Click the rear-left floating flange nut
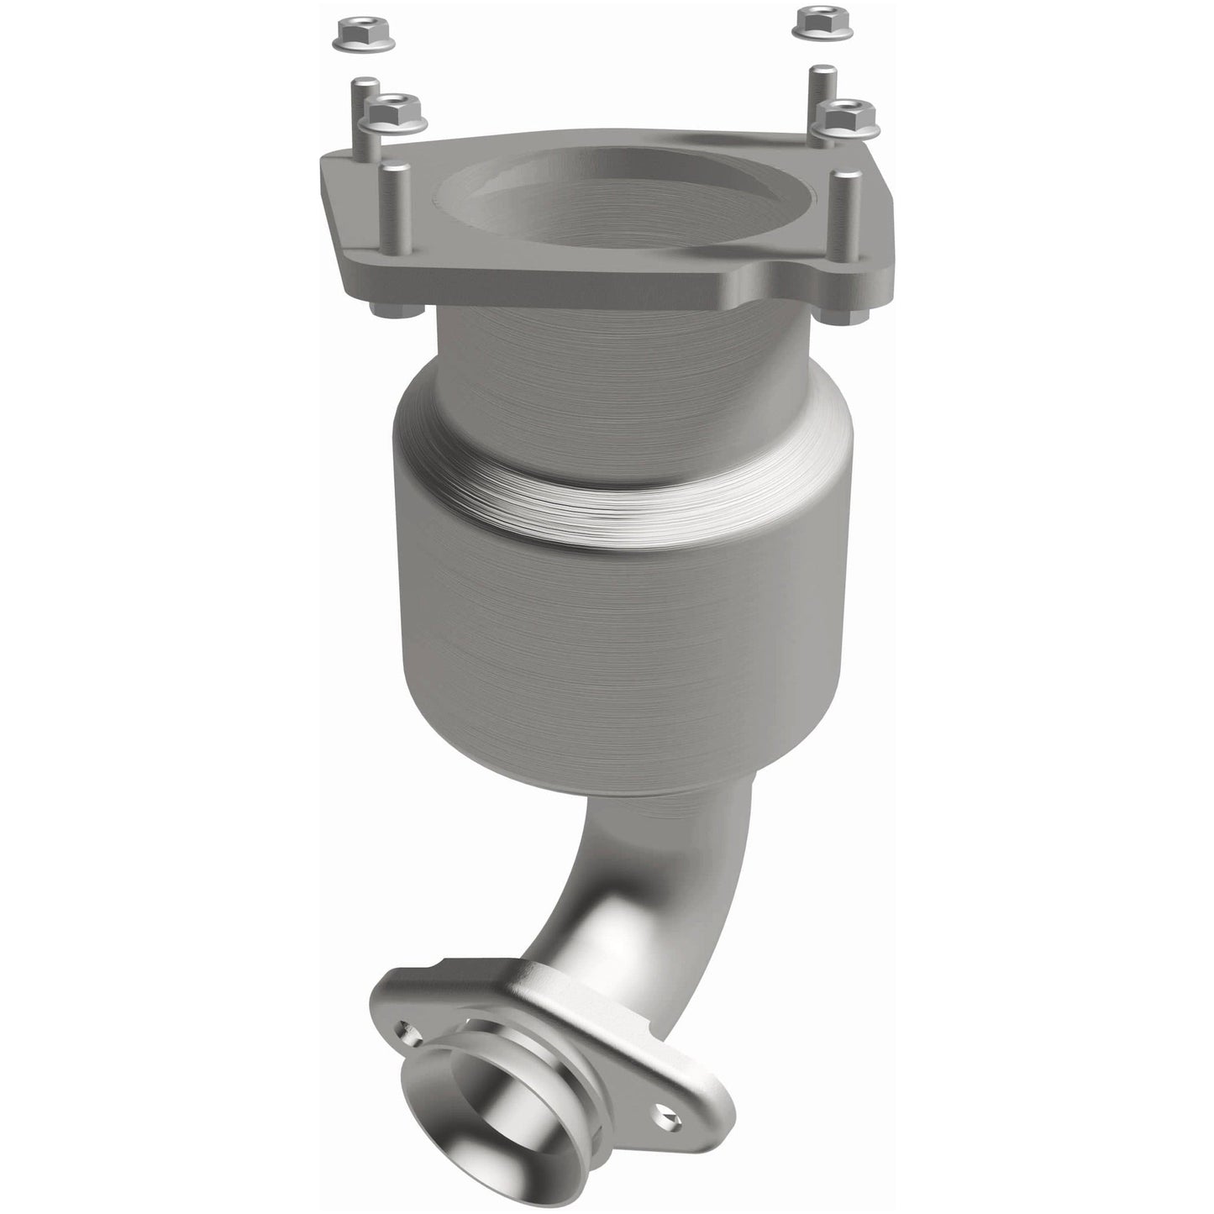click(x=348, y=34)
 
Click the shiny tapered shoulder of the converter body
click(x=622, y=496)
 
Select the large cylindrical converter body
click(x=622, y=639)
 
